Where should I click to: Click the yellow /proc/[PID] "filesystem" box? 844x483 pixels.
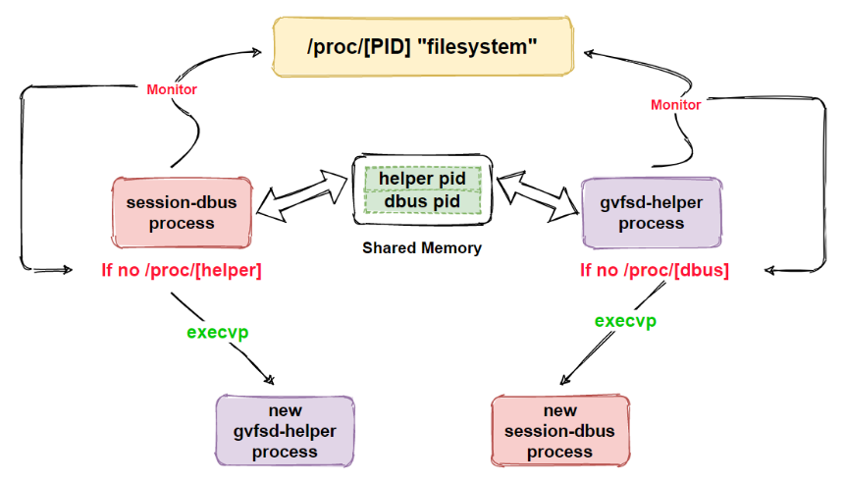423,46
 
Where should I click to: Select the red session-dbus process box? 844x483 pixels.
182,213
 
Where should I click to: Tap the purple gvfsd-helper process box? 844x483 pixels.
652,213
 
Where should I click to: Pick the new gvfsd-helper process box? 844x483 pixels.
285,431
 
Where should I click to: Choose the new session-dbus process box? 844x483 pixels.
560,431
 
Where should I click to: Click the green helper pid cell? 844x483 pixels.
423,179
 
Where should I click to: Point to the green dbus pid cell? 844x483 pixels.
423,202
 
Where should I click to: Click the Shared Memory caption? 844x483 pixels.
422,247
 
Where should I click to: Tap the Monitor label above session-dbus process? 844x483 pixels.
172,89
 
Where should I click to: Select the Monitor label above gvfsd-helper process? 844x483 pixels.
676,104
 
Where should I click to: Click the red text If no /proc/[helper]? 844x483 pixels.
182,270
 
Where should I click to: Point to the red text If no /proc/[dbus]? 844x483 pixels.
655,270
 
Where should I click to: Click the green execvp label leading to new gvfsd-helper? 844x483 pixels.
218,332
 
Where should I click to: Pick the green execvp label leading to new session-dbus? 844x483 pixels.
625,321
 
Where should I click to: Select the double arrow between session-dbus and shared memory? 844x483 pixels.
302,195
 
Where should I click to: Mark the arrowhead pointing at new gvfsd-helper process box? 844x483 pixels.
270,380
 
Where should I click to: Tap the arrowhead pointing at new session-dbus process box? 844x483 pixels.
564,380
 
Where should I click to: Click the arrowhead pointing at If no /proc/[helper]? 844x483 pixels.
68,269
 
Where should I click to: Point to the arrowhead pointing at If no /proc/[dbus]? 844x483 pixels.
769,270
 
